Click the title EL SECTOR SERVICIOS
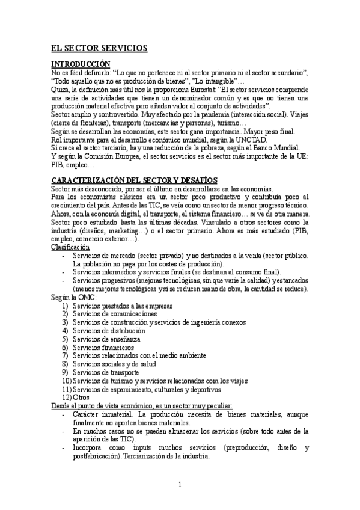(99, 48)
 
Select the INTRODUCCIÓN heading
(81, 64)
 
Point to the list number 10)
(66, 381)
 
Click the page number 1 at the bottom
(180, 485)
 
